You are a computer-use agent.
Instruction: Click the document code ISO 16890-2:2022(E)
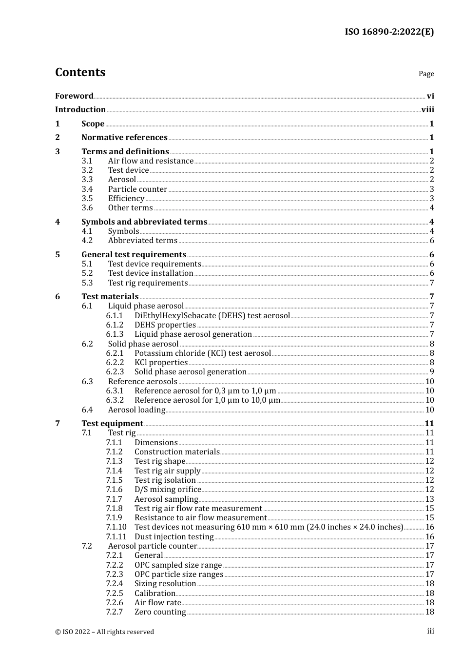(389, 32)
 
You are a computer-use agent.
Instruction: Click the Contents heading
(80, 72)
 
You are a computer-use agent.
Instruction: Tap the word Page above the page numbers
(426, 74)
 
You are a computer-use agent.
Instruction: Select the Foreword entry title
(74, 96)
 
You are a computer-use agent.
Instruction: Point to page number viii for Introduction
(427, 110)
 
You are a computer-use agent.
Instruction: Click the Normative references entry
(124, 138)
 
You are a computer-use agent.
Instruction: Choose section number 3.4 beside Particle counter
(87, 189)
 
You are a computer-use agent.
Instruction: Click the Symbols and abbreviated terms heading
(144, 222)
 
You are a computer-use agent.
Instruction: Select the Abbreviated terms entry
(142, 241)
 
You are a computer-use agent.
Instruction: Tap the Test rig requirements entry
(148, 283)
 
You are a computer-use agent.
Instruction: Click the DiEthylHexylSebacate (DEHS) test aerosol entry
(212, 316)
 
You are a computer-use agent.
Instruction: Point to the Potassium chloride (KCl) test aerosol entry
(202, 353)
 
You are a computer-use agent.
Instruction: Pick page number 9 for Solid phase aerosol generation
(431, 372)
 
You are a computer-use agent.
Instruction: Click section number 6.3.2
(115, 400)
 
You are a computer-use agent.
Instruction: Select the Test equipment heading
(112, 424)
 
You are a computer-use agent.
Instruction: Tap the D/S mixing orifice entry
(168, 490)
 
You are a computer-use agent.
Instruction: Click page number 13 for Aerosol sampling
(429, 499)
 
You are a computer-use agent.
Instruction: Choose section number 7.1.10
(116, 527)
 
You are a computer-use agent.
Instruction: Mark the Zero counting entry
(160, 612)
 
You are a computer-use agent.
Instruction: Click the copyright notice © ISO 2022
(104, 632)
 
